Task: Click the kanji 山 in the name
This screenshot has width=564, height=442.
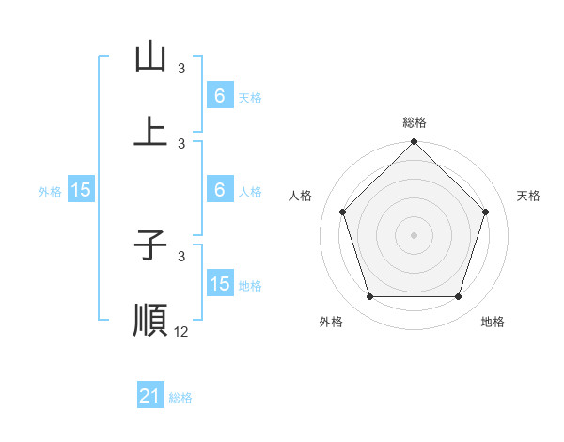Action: tap(150, 58)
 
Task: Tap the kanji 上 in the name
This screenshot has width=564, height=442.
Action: tap(150, 131)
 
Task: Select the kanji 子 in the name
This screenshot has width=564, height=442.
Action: tap(150, 246)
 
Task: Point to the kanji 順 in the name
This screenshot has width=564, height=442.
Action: tap(150, 319)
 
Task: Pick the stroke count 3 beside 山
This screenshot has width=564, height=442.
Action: tap(181, 69)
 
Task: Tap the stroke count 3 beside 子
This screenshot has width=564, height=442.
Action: tap(181, 256)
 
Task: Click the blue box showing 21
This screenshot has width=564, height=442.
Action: tap(150, 397)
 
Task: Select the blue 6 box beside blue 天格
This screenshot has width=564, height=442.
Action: tap(220, 96)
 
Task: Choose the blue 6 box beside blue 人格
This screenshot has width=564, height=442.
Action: tap(220, 190)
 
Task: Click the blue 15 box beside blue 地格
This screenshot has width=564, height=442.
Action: tap(220, 284)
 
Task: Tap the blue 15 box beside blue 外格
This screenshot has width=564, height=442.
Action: tap(81, 190)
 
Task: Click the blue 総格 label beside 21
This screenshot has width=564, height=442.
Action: tap(180, 398)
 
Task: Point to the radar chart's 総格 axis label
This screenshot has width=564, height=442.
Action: tap(414, 122)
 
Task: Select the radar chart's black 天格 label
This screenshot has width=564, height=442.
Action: tap(528, 196)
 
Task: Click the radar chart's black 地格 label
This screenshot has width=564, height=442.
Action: tap(493, 322)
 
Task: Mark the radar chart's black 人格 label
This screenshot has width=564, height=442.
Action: tap(301, 196)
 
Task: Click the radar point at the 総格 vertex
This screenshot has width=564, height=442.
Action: tap(414, 143)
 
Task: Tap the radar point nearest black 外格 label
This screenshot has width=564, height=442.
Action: tap(369, 297)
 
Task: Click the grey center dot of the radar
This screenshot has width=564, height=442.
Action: tap(414, 235)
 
